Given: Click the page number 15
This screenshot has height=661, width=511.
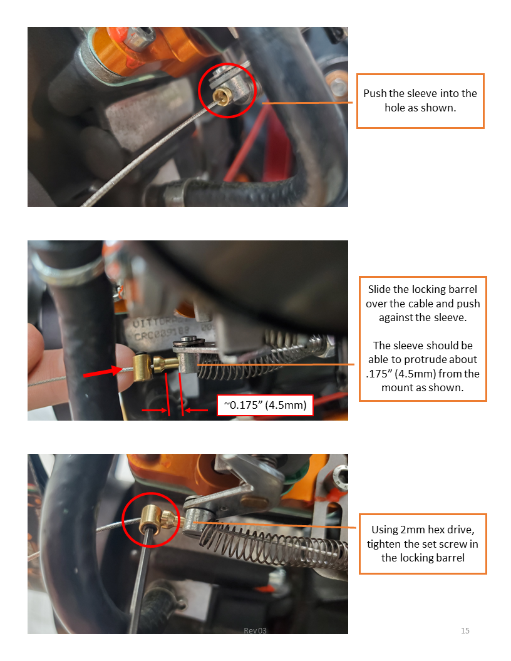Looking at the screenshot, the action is click(465, 631).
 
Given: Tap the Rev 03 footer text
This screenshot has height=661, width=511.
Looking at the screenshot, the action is click(255, 631).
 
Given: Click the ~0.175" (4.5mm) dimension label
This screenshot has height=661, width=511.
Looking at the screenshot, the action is click(265, 405).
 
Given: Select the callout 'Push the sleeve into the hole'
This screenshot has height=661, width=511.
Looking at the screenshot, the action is click(420, 101).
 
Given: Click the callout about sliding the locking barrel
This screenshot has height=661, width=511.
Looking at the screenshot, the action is click(423, 339).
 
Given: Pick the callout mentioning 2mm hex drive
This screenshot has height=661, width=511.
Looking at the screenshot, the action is click(423, 544).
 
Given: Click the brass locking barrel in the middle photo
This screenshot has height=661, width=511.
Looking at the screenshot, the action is click(144, 367).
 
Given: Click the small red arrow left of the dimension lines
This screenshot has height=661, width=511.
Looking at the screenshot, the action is click(155, 410).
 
